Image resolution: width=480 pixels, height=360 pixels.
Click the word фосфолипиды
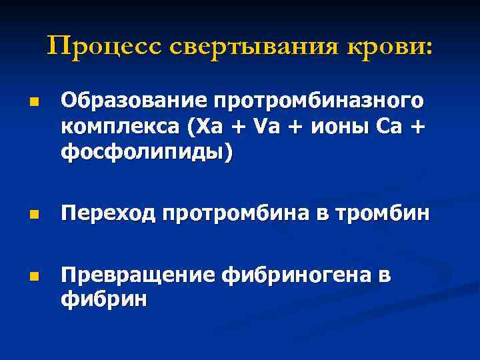pos(146,153)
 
